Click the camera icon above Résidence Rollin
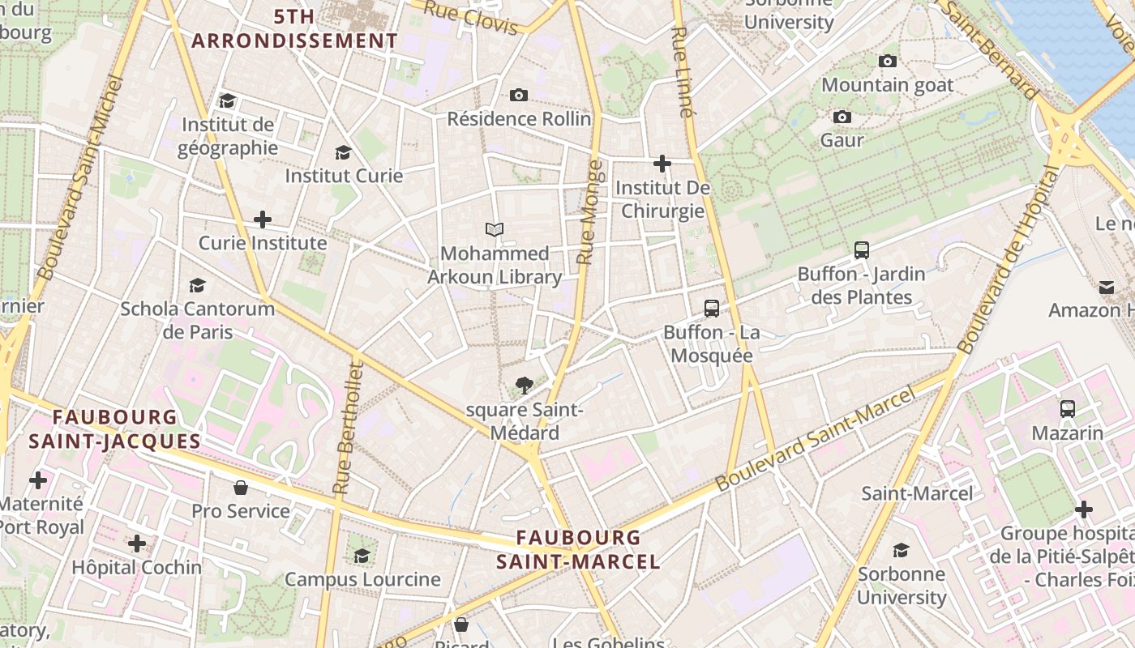(x=519, y=96)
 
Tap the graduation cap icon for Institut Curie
(x=343, y=152)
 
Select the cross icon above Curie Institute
(x=263, y=220)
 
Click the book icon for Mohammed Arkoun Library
(x=495, y=230)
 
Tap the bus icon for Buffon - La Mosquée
(x=711, y=309)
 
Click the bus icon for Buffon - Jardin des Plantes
(x=861, y=250)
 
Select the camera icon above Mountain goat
(x=888, y=61)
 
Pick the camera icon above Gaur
(x=842, y=117)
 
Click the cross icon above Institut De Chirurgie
(x=662, y=164)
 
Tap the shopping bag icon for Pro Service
(x=241, y=488)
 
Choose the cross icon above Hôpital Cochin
(x=137, y=543)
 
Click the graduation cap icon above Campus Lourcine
(x=362, y=556)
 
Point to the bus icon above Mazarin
(x=1068, y=409)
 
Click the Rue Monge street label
(x=589, y=212)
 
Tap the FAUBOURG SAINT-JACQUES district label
(x=114, y=429)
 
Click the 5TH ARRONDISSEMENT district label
(x=295, y=28)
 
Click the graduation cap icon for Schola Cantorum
(x=197, y=285)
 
